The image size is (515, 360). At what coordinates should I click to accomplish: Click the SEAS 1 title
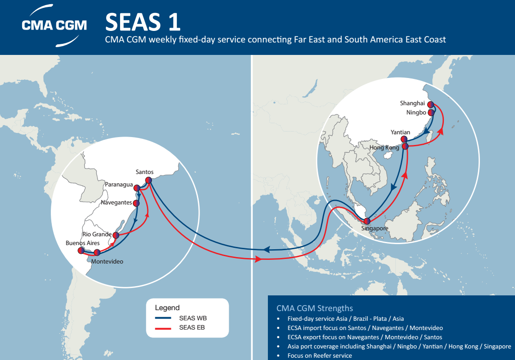143,21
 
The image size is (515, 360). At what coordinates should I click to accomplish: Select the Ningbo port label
413,112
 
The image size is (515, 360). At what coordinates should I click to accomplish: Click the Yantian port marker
404,139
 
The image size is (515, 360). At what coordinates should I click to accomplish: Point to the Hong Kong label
384,148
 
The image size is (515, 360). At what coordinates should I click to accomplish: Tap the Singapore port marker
367,221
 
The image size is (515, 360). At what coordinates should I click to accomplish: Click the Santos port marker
149,180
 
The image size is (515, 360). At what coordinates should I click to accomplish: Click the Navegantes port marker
136,203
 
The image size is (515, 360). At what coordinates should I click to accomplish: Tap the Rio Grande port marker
115,235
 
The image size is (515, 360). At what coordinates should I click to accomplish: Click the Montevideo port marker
97,252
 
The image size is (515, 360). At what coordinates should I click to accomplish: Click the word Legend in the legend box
167,307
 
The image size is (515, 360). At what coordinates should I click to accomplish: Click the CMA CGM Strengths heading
315,308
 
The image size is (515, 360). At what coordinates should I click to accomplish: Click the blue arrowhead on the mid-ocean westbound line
266,250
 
